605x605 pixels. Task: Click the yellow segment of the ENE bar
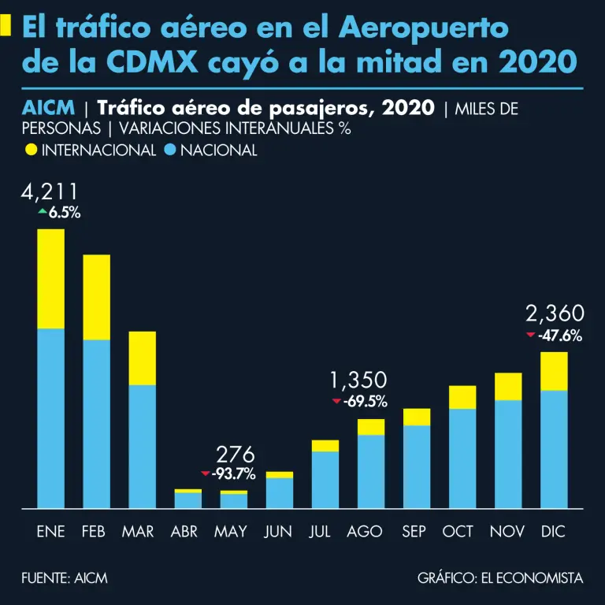50,278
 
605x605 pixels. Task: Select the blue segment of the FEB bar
96,424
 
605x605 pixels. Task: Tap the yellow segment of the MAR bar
143,358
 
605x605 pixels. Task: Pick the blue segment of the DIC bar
555,449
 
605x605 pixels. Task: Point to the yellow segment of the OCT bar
462,397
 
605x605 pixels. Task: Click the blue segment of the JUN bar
280,492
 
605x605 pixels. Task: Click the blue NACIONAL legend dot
169,150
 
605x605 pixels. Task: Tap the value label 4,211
50,192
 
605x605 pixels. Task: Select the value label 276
236,455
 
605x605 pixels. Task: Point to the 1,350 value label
358,381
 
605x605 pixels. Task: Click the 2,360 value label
555,315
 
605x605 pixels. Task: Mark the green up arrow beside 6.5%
42,212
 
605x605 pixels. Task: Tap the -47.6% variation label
560,336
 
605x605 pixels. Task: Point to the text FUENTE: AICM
65,578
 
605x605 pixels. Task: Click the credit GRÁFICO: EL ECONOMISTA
500,578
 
